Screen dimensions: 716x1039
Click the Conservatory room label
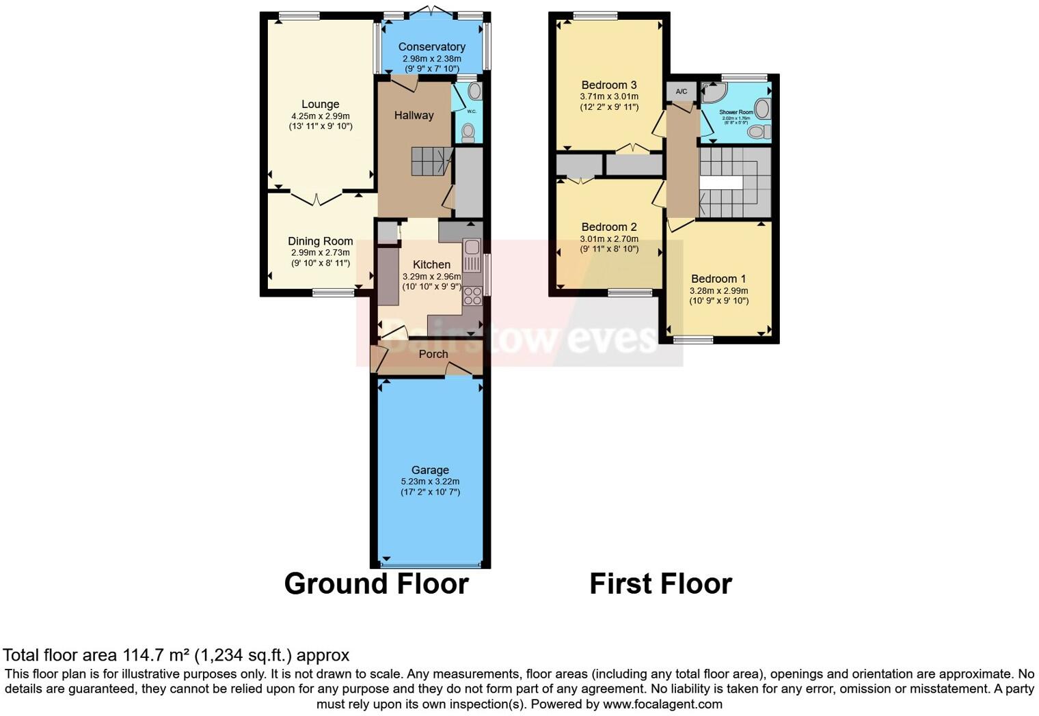[x=431, y=46]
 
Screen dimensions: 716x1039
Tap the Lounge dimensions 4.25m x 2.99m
[x=320, y=116]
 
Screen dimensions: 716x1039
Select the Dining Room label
[x=320, y=240]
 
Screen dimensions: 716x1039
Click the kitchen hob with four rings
[x=472, y=295]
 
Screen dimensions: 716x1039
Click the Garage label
[x=430, y=469]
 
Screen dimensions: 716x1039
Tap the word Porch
[x=433, y=354]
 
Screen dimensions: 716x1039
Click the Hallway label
[x=414, y=115]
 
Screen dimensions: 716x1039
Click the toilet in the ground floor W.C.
[x=468, y=131]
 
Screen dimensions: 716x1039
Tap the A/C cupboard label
[x=681, y=92]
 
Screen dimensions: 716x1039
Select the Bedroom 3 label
[x=608, y=85]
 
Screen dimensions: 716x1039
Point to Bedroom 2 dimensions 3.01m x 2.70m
[x=608, y=238]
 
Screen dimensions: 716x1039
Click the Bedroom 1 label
[x=718, y=278]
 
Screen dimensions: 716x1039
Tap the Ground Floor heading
[x=376, y=583]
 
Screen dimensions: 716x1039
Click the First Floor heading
[x=660, y=583]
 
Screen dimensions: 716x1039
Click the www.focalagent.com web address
[x=662, y=704]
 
